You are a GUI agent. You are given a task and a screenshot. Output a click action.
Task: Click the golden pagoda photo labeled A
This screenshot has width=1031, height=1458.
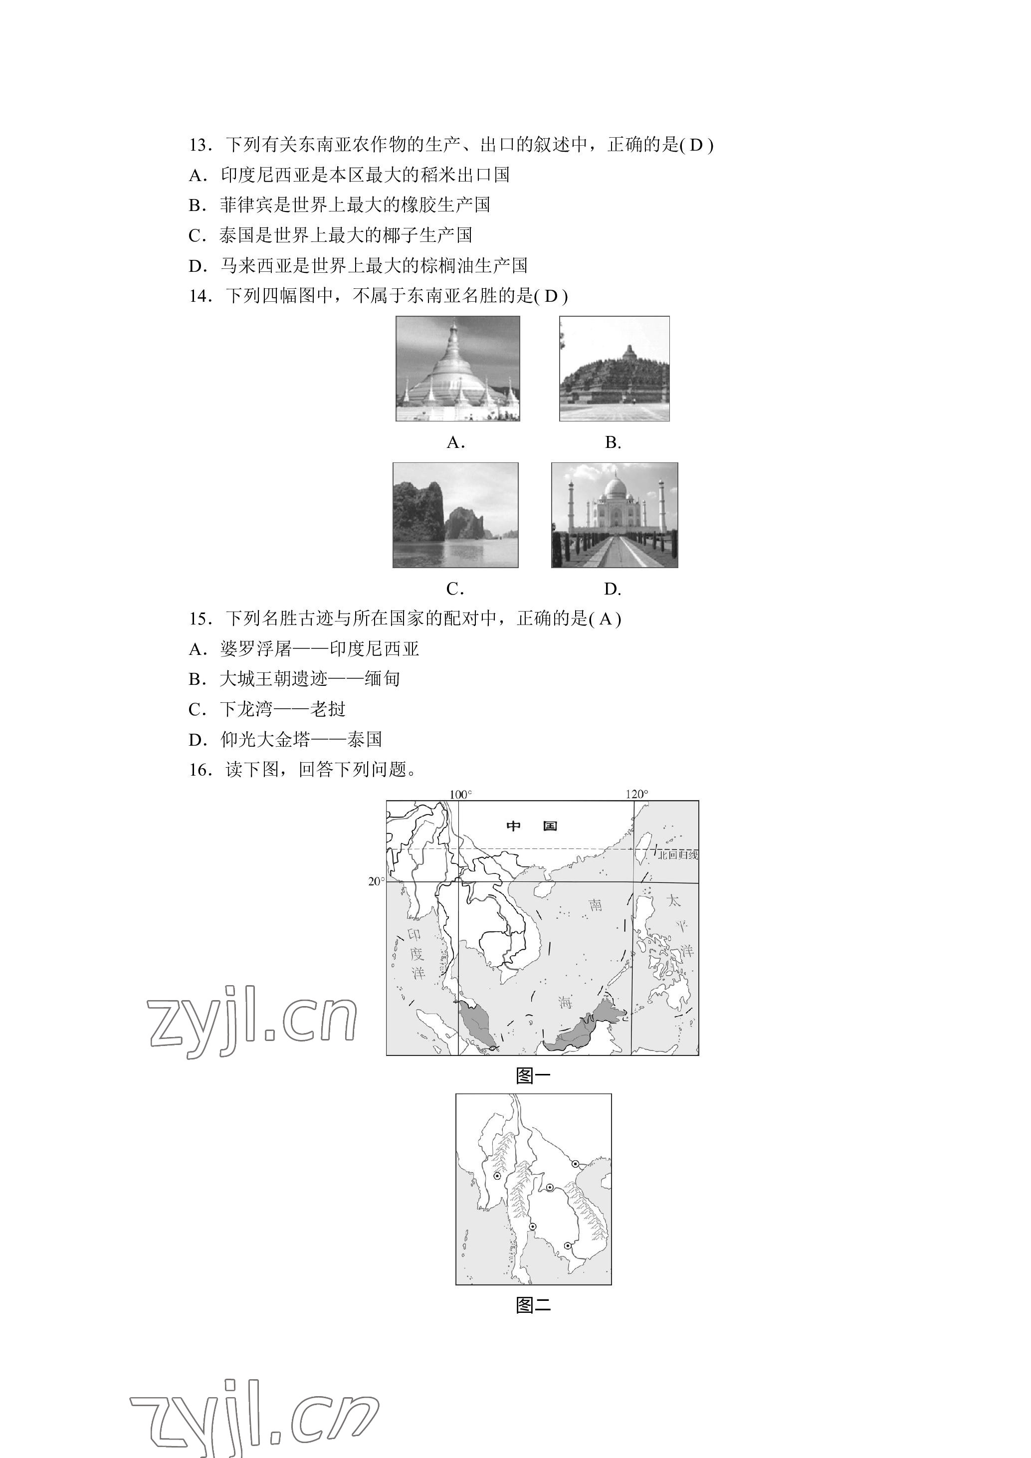[x=458, y=368]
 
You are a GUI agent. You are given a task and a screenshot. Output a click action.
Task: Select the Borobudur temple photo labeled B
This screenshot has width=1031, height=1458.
[x=614, y=368]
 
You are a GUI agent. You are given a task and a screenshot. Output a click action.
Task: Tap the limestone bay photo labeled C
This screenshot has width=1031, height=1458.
[x=455, y=515]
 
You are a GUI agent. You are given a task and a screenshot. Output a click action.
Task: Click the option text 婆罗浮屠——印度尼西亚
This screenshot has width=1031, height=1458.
[x=319, y=649]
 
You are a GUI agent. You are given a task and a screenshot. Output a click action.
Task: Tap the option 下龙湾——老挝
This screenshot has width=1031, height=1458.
[x=267, y=709]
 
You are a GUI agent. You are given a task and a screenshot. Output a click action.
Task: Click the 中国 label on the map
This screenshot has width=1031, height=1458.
[x=532, y=826]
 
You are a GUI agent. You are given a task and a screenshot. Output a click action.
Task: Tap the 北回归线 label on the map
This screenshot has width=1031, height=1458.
[x=677, y=855]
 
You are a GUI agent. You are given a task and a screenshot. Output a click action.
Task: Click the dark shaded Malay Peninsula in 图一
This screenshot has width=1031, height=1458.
[x=477, y=1023]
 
